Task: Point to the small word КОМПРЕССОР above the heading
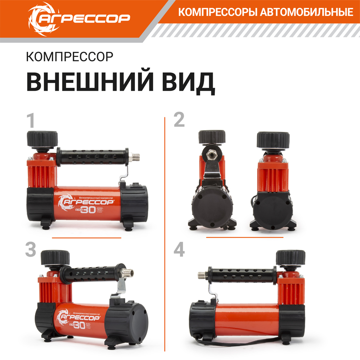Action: pyautogui.click(x=69, y=57)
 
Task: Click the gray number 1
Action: pyautogui.click(x=31, y=121)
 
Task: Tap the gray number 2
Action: pyautogui.click(x=179, y=121)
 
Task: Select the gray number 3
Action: pyautogui.click(x=31, y=250)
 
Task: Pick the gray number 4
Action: pyautogui.click(x=179, y=250)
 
